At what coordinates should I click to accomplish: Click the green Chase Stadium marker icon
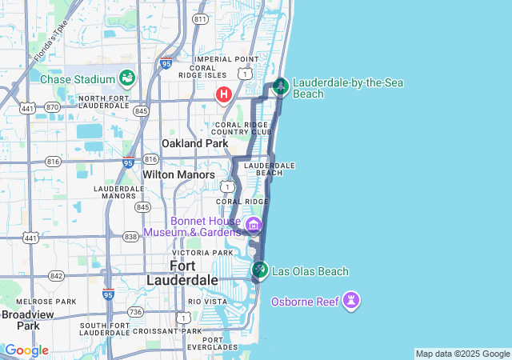tap(126, 78)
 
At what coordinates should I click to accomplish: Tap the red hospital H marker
tap(224, 94)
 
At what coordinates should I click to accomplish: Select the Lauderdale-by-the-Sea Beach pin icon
tap(280, 86)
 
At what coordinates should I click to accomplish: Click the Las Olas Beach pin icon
tap(259, 270)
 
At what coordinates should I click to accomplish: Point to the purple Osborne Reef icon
tap(350, 301)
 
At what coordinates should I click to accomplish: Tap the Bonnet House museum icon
tap(254, 224)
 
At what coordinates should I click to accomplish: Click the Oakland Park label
tap(195, 143)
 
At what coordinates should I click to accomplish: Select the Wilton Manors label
tap(178, 174)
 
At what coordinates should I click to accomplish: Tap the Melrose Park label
tap(50, 302)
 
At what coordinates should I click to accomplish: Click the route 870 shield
tap(53, 107)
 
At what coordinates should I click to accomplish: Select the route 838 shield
tap(130, 237)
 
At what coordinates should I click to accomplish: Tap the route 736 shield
tap(135, 312)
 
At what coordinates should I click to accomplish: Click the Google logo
tap(26, 350)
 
